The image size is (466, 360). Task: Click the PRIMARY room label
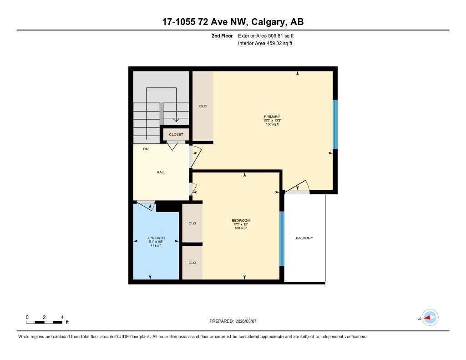tap(272, 117)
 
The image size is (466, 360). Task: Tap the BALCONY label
tap(304, 238)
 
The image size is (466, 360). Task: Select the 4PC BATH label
tap(156, 238)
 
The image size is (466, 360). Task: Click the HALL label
tap(161, 172)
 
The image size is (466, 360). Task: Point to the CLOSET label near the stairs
tap(176, 135)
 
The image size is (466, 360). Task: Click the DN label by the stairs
tap(146, 149)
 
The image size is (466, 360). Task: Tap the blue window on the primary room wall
tap(335, 124)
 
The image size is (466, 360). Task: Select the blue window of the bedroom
tap(282, 238)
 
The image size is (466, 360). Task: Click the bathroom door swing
tap(146, 205)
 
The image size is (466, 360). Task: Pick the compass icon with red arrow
tap(430, 318)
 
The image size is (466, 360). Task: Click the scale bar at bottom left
tap(44, 322)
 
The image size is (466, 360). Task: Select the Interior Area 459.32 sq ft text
tap(265, 44)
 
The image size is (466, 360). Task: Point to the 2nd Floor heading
tap(222, 35)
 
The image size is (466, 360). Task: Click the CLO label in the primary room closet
tap(203, 106)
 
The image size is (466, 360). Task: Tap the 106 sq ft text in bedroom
tap(241, 228)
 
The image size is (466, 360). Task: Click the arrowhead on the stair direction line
tap(176, 120)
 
